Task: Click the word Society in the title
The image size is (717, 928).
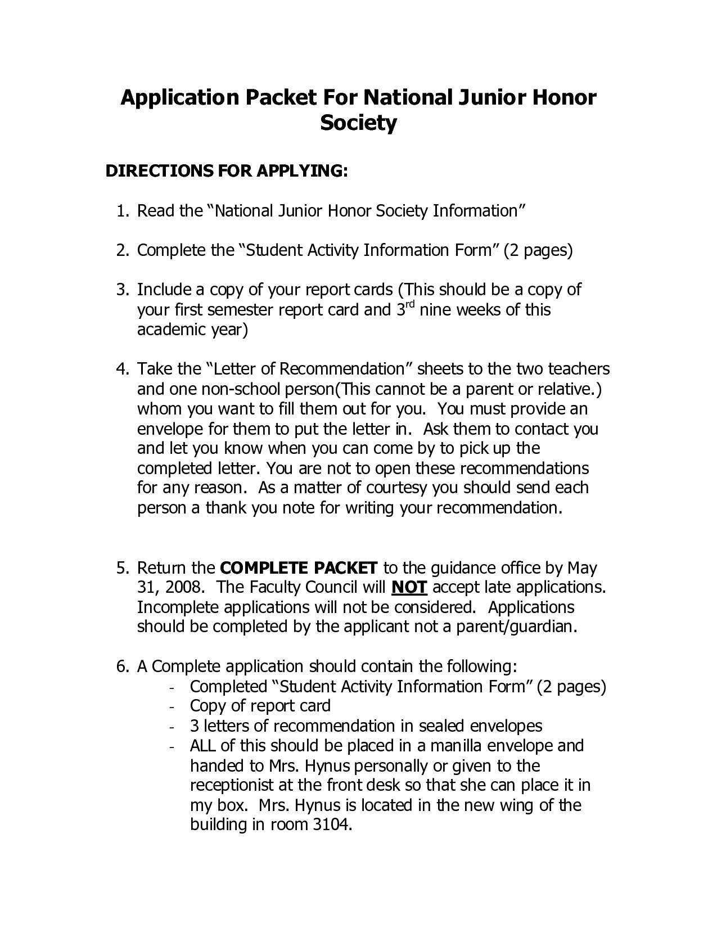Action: click(x=358, y=123)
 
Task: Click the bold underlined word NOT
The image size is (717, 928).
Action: click(x=409, y=588)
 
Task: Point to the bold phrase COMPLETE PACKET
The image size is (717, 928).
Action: click(x=298, y=567)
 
